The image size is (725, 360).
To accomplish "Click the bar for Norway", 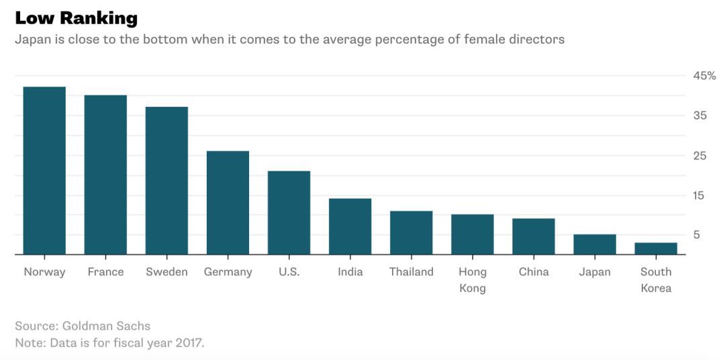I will [44, 171].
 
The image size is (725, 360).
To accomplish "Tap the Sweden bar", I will [166, 181].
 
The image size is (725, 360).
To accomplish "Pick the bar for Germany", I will [228, 203].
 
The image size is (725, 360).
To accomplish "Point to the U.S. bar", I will [289, 213].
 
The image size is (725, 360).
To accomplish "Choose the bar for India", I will [350, 226].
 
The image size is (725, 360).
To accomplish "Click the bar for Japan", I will [595, 244].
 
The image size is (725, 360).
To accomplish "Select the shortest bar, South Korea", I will [656, 249].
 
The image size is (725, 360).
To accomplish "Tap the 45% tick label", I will [704, 76].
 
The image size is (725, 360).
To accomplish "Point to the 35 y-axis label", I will [700, 116].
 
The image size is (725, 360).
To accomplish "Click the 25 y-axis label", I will [700, 156].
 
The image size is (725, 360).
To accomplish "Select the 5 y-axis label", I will [697, 235].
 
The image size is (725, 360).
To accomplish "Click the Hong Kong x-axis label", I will [473, 280].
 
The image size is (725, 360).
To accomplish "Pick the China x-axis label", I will [534, 272].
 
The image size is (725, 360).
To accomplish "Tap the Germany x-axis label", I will [228, 272].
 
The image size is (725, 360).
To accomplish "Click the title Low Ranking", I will [76, 18].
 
